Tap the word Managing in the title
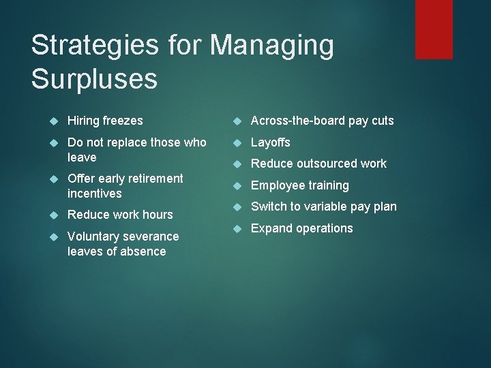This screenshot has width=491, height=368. (x=272, y=46)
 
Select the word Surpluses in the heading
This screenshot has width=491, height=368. (x=94, y=78)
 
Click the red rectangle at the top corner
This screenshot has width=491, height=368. (x=434, y=29)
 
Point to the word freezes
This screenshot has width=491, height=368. (x=123, y=121)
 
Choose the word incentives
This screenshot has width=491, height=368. (x=95, y=194)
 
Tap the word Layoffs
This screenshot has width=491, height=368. (x=271, y=142)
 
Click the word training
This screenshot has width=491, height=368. (x=325, y=185)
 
